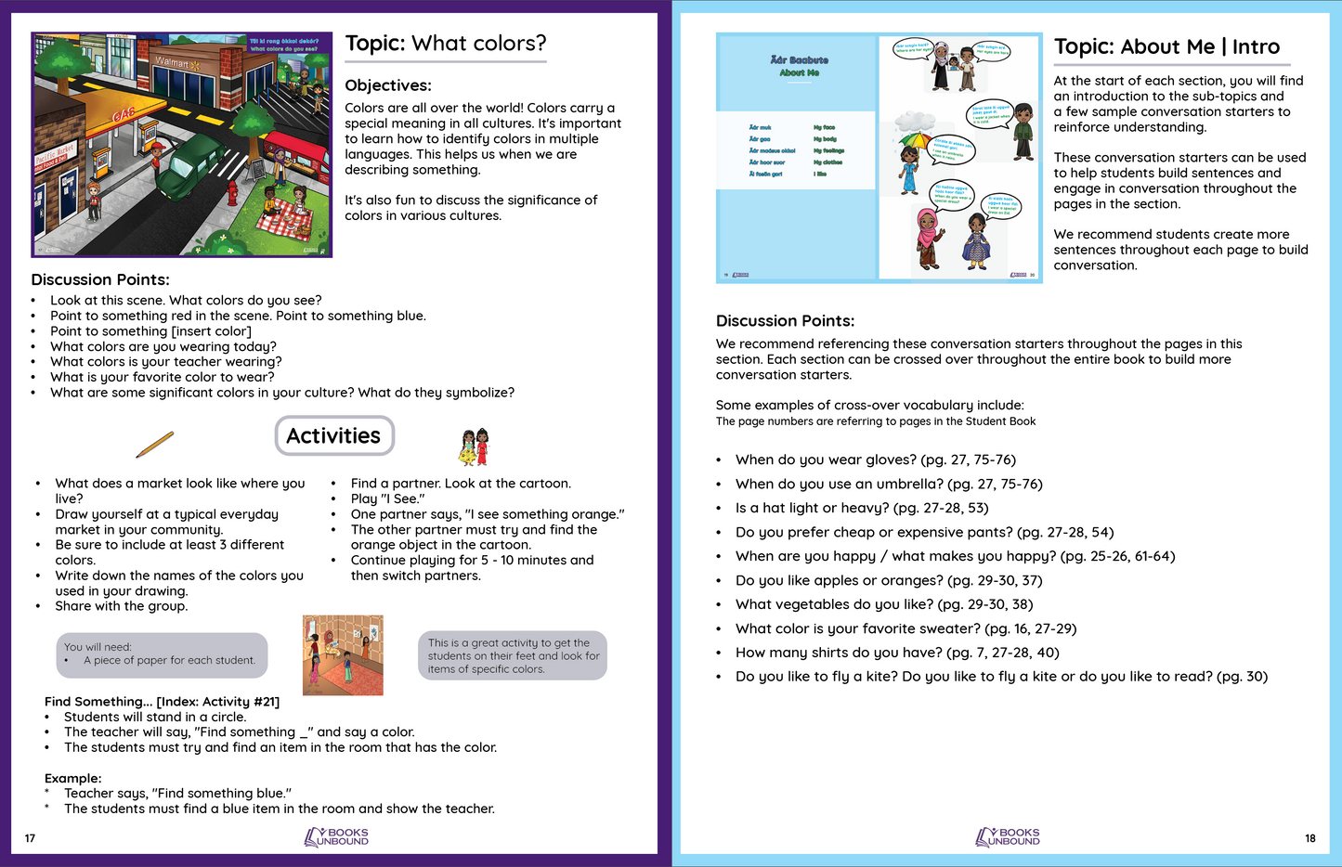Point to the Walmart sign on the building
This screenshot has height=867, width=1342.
click(x=172, y=63)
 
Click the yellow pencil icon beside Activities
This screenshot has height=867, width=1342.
click(x=154, y=445)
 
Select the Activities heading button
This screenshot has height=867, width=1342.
click(x=334, y=435)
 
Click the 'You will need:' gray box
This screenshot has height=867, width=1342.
click(x=162, y=654)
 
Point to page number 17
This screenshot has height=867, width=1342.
click(x=30, y=838)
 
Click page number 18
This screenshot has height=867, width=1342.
click(x=1309, y=838)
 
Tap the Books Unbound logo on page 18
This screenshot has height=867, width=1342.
click(x=1008, y=837)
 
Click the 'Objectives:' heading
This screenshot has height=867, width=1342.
click(x=388, y=85)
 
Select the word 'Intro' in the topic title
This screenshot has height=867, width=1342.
click(x=1256, y=47)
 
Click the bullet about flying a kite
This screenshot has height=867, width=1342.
click(x=1001, y=677)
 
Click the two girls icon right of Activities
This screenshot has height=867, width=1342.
click(x=474, y=446)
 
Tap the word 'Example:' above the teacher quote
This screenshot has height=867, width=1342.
click(x=73, y=778)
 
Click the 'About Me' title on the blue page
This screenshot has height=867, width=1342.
click(x=799, y=72)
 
